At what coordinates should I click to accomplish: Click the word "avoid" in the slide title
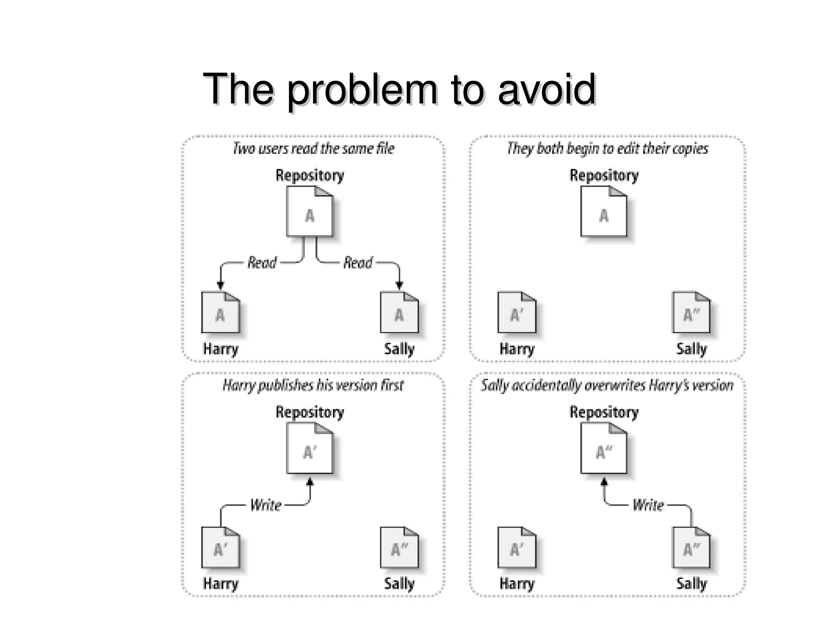pos(547,89)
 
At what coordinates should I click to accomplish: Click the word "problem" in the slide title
pos(362,90)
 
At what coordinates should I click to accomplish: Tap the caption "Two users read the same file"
pos(313,148)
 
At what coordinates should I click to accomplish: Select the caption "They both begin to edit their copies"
pos(607,148)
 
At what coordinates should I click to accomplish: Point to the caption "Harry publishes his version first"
pos(313,385)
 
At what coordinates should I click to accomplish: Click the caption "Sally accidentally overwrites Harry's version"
pos(607,385)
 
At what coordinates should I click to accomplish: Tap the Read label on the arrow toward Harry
pos(262,262)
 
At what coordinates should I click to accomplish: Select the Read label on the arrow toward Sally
pos(358,262)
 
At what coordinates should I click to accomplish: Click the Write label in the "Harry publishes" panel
pos(266,505)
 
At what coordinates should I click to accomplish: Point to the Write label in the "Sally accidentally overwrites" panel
pos(648,505)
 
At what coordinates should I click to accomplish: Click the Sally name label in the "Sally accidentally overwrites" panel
pos(691,583)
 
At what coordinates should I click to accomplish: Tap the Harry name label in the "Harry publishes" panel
pos(221,583)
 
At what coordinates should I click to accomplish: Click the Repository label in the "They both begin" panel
pos(604,175)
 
